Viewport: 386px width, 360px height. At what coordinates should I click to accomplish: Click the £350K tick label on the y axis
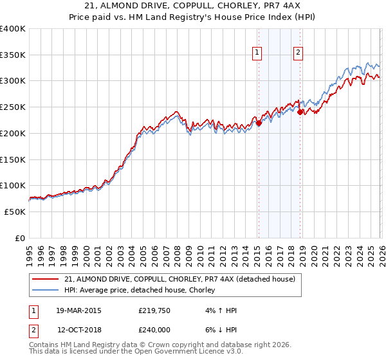(13, 55)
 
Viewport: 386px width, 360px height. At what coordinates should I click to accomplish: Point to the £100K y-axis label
(13, 185)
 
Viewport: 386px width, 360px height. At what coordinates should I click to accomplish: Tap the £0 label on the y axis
(20, 238)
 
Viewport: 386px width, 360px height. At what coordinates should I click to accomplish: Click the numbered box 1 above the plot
(257, 53)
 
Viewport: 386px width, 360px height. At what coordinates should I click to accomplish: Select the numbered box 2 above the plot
(299, 53)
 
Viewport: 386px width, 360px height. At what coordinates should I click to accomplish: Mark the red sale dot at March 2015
(258, 123)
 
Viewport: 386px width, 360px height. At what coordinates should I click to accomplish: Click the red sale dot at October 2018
(300, 112)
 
